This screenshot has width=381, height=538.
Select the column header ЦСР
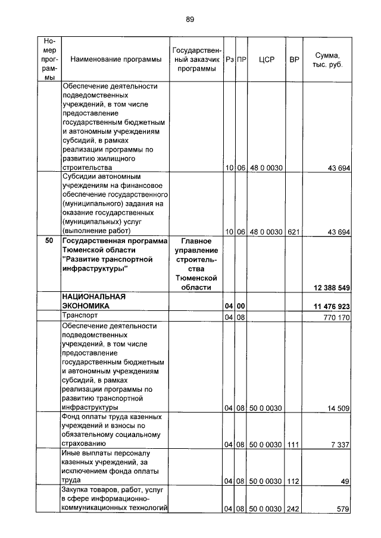pyautogui.click(x=267, y=60)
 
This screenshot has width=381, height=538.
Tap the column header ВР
pyautogui.click(x=294, y=60)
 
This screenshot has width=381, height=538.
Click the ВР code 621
pyautogui.click(x=294, y=231)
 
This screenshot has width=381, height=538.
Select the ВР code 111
pyautogui.click(x=294, y=444)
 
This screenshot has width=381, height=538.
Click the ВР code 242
pyautogui.click(x=294, y=508)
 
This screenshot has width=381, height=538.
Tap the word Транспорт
pyautogui.click(x=81, y=316)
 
